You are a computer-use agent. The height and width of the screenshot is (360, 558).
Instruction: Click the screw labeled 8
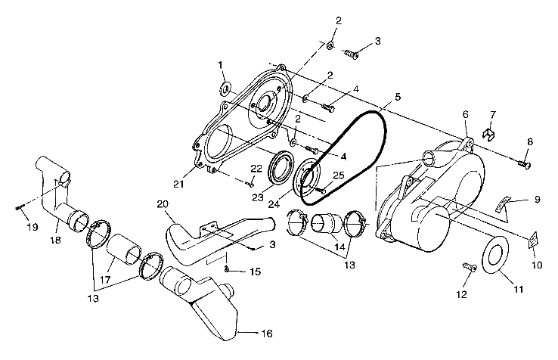[x=523, y=163]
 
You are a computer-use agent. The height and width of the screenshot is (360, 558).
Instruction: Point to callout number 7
[x=492, y=115]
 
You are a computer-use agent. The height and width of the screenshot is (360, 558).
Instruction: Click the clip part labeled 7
[x=489, y=135]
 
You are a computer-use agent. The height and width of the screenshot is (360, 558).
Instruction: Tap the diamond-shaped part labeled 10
[x=531, y=240]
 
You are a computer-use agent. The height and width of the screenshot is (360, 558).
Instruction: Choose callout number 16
[x=246, y=334]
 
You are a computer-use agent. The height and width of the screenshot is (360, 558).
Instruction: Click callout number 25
[x=339, y=175]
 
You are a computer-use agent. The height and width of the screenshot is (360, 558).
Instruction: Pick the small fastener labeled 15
[x=227, y=269]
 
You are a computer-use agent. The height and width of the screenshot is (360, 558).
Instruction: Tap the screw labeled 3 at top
[x=350, y=54]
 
